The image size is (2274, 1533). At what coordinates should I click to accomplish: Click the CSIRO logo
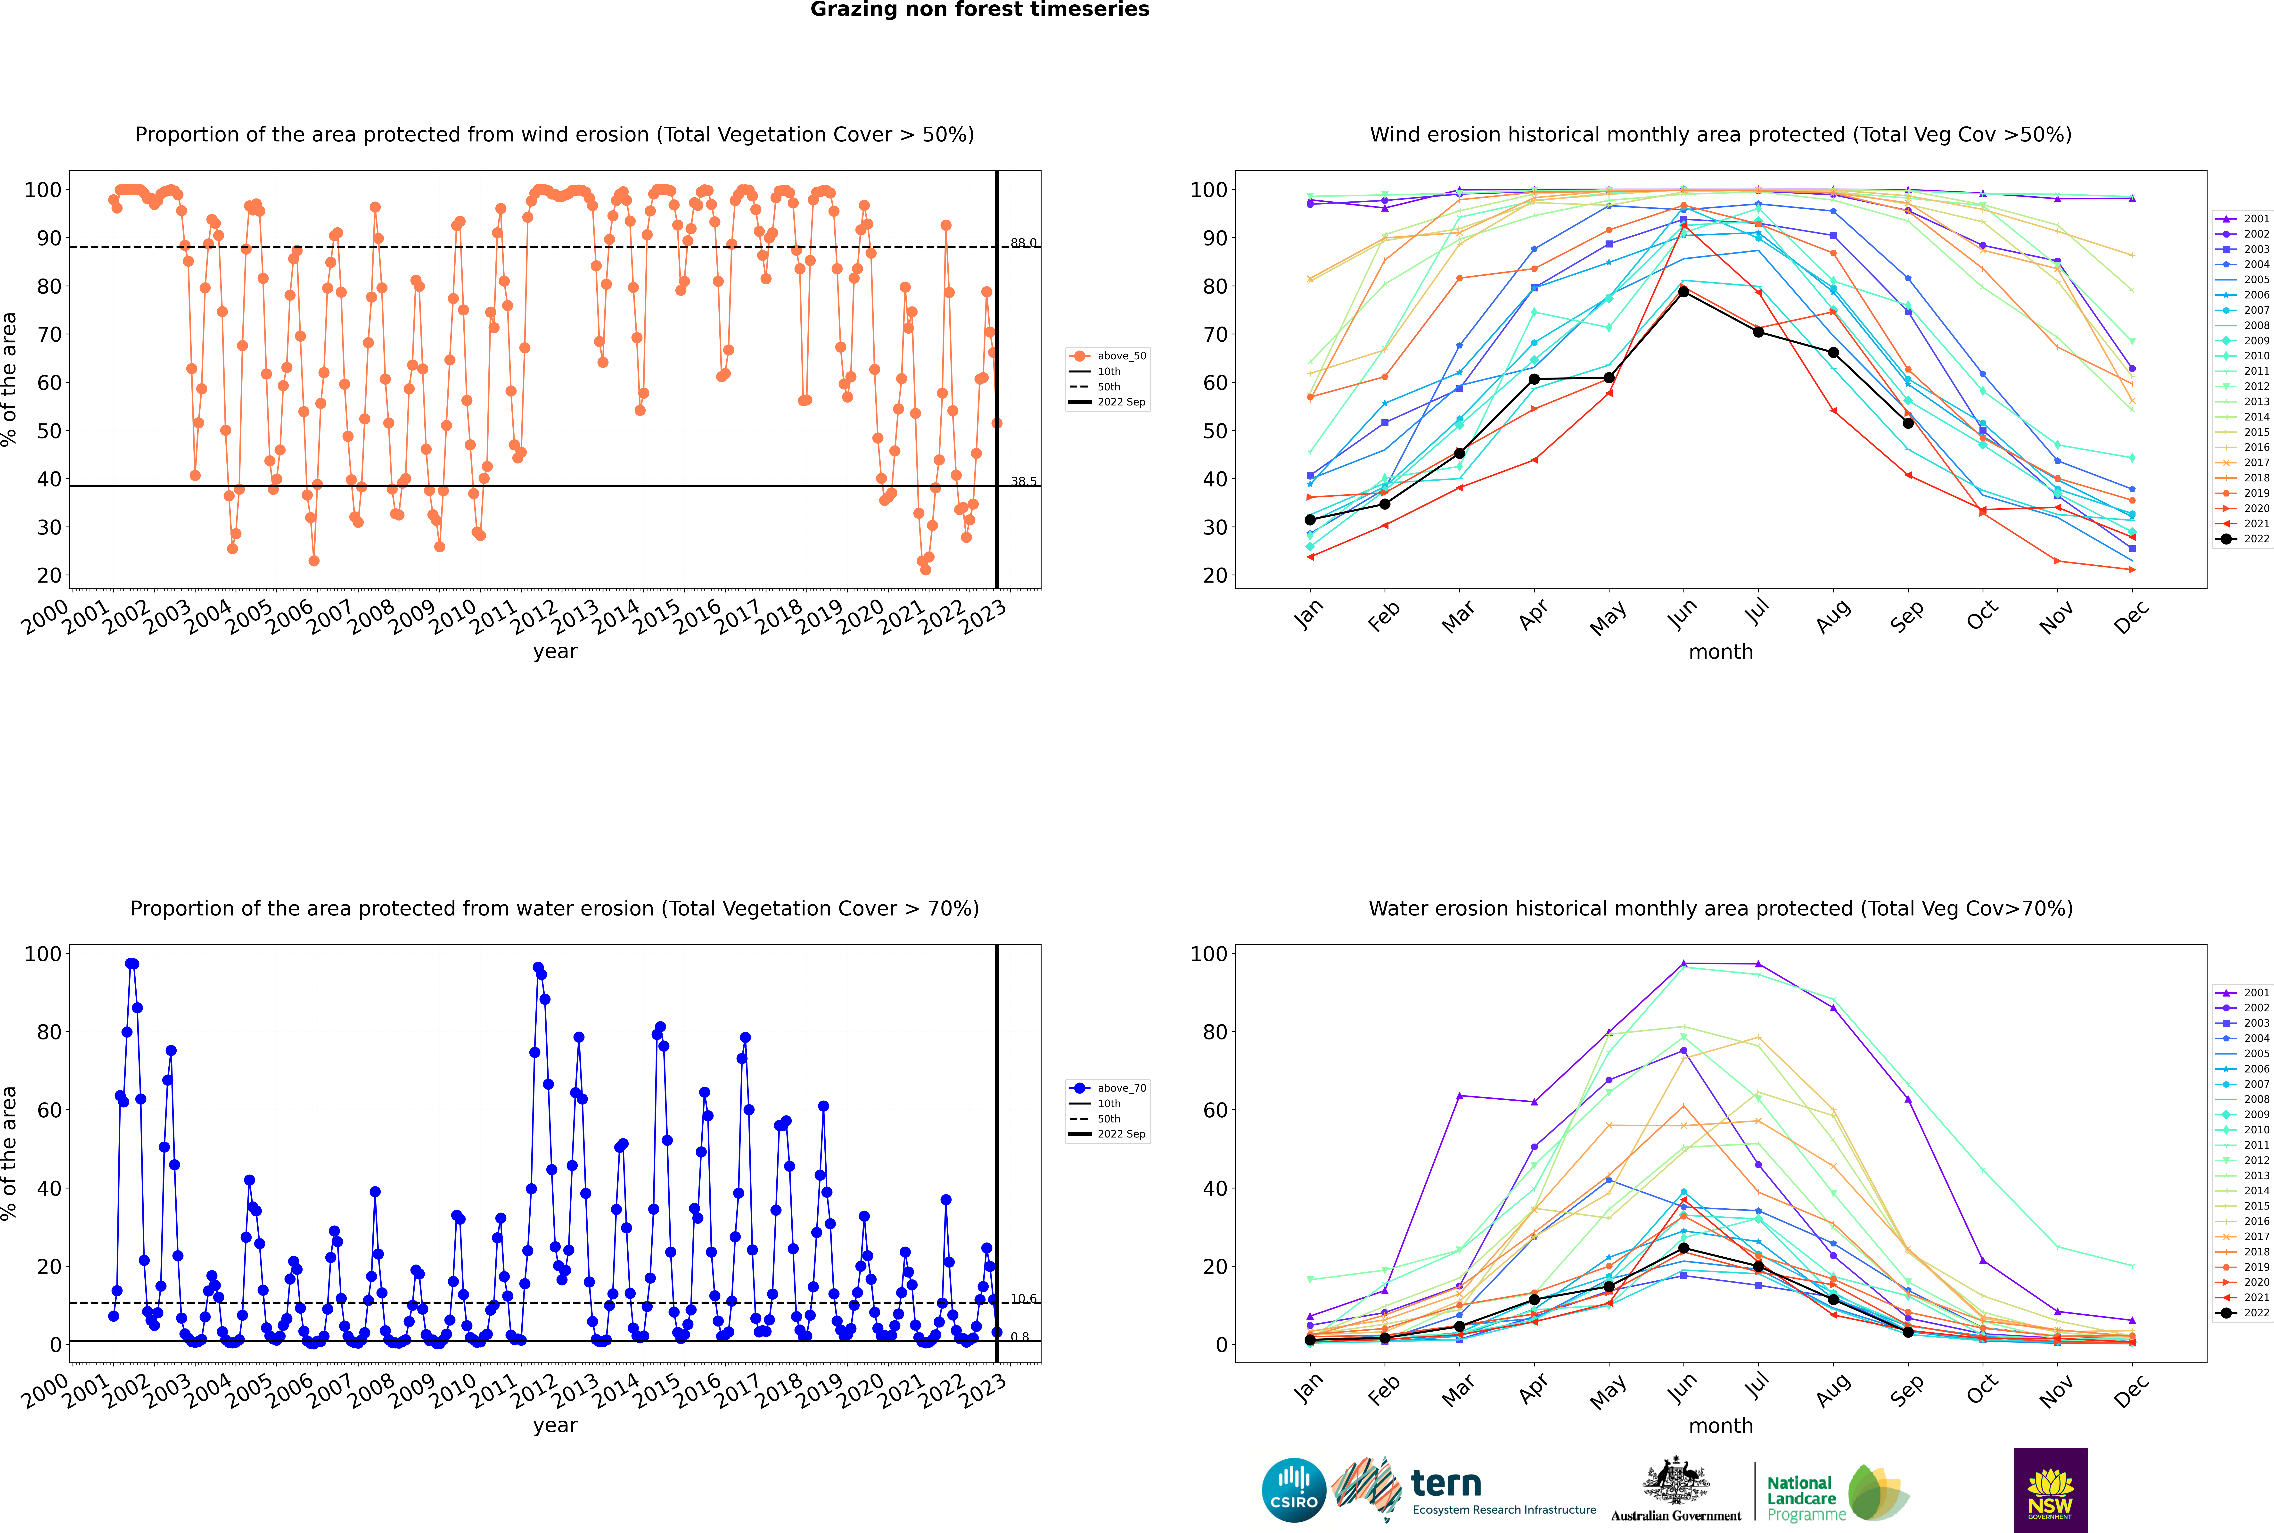[x=1293, y=1490]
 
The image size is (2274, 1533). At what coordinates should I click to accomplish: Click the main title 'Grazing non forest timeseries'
[x=980, y=10]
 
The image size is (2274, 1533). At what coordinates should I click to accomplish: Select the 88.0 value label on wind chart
[x=1024, y=242]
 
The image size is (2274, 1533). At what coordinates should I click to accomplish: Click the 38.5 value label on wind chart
[x=1024, y=481]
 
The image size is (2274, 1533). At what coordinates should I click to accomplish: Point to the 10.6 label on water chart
[x=1024, y=1298]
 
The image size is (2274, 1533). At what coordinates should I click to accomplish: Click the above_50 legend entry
[x=1108, y=356]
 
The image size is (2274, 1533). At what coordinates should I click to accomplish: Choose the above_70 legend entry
[x=1108, y=1088]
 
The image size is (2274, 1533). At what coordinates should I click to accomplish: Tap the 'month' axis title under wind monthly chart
[x=1721, y=652]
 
